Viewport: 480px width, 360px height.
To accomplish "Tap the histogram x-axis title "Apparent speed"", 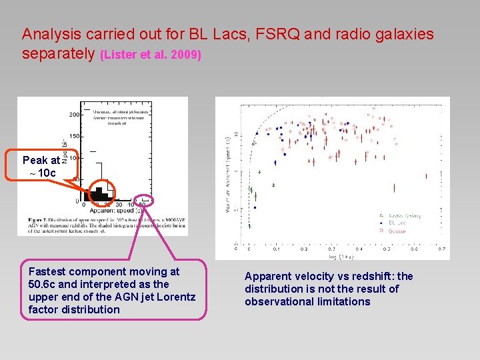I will [x=117, y=211].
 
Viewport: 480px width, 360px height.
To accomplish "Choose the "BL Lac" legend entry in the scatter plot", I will [x=400, y=223].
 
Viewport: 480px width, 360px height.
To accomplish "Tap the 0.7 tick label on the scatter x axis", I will [x=442, y=249].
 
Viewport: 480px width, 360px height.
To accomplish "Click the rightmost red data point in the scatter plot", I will [x=427, y=176].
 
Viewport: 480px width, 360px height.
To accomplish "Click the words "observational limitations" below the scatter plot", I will [x=307, y=301].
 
